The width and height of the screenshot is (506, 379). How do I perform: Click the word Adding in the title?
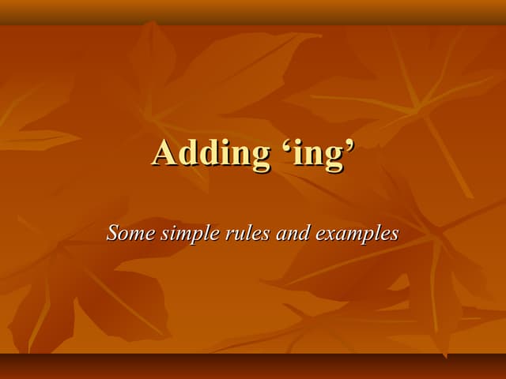pyautogui.click(x=210, y=152)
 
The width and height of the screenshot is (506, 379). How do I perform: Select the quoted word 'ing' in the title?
pyautogui.click(x=315, y=154)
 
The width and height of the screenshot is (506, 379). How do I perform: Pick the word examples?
pyautogui.click(x=357, y=235)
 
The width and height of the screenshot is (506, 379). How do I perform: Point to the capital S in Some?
pyautogui.click(x=114, y=233)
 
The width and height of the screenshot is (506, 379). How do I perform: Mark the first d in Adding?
pyautogui.click(x=186, y=152)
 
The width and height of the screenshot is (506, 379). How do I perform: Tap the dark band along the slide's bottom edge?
pyautogui.click(x=253, y=366)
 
